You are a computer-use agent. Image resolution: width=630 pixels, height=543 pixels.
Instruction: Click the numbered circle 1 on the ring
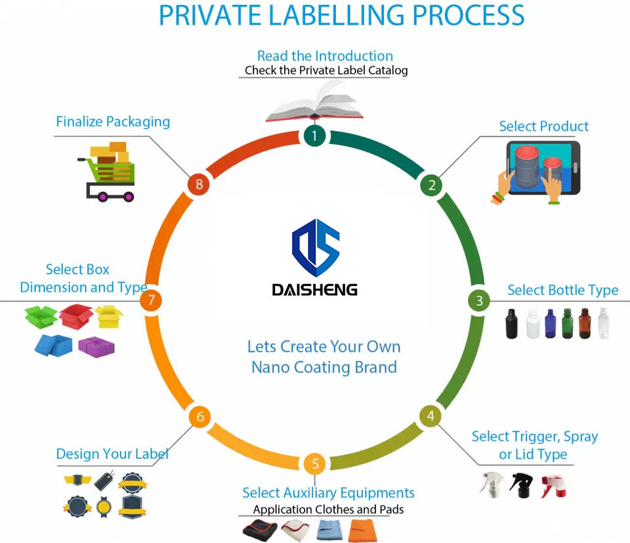[x=315, y=136]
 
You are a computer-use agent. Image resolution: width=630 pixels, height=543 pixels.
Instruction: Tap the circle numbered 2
[x=431, y=185]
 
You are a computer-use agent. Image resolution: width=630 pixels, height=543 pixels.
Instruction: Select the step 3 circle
[x=479, y=300]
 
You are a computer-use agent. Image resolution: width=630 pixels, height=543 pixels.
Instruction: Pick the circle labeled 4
[x=430, y=416]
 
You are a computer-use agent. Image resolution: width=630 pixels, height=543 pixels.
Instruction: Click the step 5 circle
[x=315, y=464]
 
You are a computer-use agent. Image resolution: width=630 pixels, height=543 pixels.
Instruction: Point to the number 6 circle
[x=200, y=416]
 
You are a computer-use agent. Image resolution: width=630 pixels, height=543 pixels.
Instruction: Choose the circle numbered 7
[x=152, y=300]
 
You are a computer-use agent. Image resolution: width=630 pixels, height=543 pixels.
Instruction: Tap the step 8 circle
[x=199, y=185]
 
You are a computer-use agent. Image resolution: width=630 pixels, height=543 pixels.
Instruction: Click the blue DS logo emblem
[x=315, y=248]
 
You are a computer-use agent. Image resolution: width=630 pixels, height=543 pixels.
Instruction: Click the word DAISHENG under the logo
[x=315, y=289]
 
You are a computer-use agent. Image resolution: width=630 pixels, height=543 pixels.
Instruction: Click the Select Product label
[x=543, y=126]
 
